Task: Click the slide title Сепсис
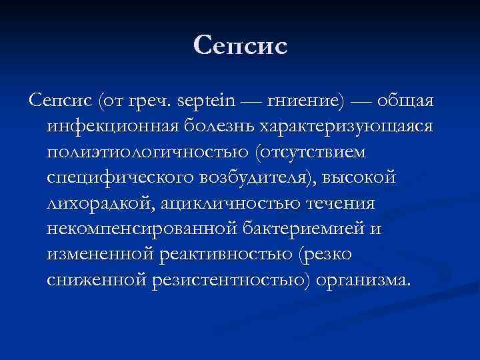click(240, 46)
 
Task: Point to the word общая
click(405, 102)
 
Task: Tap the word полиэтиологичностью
click(148, 152)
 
